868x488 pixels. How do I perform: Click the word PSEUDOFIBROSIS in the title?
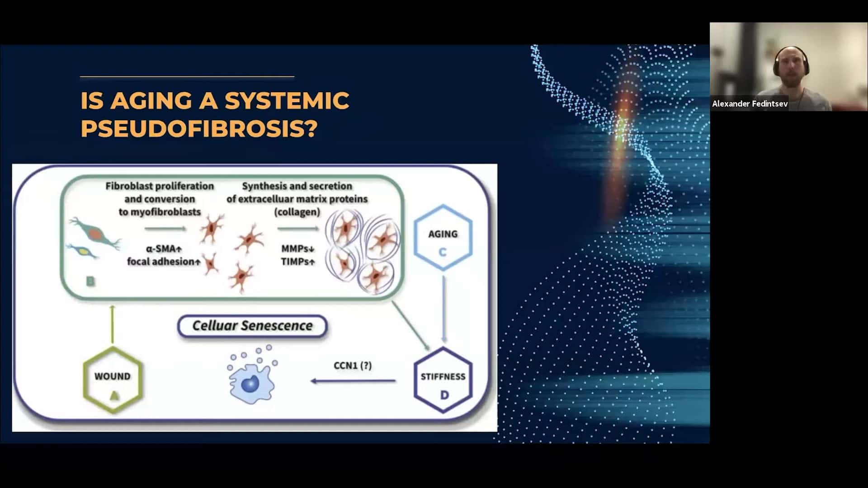click(x=199, y=129)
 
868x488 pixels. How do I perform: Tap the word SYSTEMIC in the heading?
click(x=287, y=100)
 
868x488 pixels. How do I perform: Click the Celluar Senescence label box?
click(x=252, y=326)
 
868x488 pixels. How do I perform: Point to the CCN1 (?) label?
click(x=353, y=365)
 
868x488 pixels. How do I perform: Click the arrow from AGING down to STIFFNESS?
click(x=444, y=309)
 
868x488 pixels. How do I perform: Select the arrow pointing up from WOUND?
click(x=113, y=324)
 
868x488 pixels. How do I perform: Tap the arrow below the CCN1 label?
click(x=353, y=381)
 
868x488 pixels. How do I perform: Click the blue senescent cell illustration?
click(x=252, y=375)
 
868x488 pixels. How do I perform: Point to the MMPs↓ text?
click(x=297, y=249)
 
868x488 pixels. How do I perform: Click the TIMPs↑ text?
click(x=297, y=262)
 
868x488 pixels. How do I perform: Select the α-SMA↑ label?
click(x=164, y=249)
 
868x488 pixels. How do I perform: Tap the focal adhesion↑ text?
click(x=164, y=262)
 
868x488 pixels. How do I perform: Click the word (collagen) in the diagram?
click(x=297, y=212)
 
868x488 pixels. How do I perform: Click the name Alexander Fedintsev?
click(x=750, y=104)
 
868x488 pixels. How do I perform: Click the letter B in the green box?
click(x=90, y=282)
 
